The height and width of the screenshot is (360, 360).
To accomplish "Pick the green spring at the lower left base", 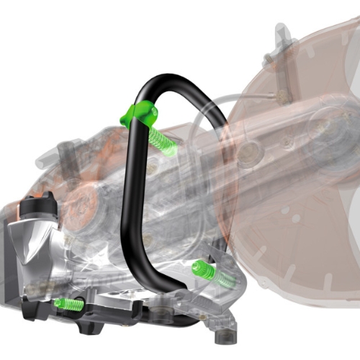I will (68, 304).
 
